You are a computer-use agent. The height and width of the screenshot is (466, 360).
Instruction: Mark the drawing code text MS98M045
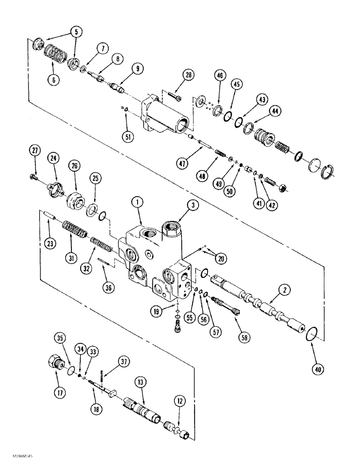pyautogui.click(x=13, y=459)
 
